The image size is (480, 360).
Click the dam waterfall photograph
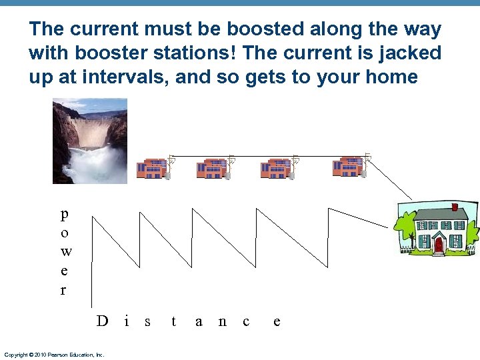[x=89, y=141]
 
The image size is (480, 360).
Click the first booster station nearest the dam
[x=152, y=169]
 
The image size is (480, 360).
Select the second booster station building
[x=213, y=169]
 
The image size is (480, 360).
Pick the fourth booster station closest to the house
[x=347, y=167]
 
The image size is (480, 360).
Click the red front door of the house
[x=438, y=245]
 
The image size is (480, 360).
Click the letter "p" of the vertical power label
[x=63, y=215]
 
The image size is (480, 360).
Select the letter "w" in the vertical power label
[x=64, y=251]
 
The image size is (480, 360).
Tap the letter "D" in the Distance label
[x=101, y=321]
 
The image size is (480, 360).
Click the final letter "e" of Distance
[x=277, y=322]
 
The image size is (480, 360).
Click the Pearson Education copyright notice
[x=54, y=355]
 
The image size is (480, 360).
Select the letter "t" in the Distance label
[x=173, y=321]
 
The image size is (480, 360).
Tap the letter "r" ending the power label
[x=63, y=290]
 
